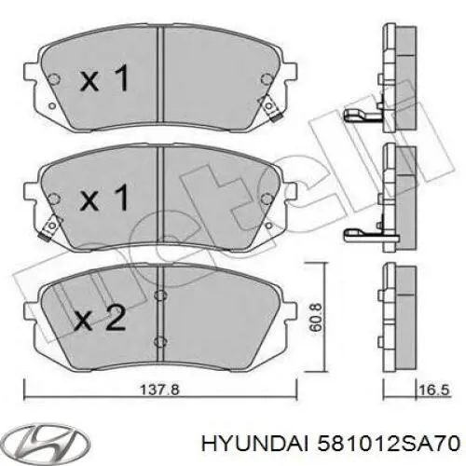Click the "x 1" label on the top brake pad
click(x=104, y=81)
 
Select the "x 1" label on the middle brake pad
click(x=104, y=199)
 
